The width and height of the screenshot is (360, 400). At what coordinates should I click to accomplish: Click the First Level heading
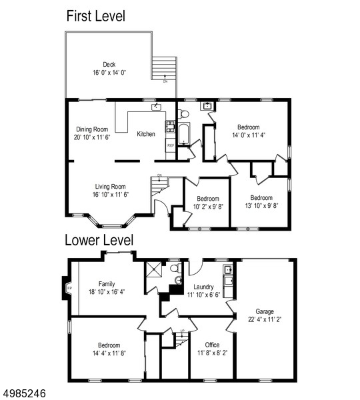point(96,16)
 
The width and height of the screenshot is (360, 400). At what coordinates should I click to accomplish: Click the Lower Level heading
point(99,240)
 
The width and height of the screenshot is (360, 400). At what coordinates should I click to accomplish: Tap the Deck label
point(109,65)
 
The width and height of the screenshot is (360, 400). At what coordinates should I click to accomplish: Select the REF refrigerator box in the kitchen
point(171,145)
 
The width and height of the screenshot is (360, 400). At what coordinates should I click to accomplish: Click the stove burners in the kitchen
point(171,126)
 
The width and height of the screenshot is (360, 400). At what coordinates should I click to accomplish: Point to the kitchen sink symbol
point(156,107)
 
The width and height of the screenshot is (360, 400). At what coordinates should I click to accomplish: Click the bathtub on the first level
point(184,134)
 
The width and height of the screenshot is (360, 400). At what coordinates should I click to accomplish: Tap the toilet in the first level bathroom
point(183,114)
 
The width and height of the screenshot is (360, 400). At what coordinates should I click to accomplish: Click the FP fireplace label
point(69,288)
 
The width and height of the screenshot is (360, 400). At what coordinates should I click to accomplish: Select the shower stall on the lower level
point(154,269)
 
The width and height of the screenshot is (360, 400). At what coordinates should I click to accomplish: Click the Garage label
point(265,311)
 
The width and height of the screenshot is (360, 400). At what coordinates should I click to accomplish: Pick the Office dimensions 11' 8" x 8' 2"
point(213,353)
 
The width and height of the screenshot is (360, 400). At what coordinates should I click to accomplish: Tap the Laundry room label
point(203,287)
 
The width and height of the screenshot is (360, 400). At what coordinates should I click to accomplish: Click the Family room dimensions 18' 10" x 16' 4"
point(107,292)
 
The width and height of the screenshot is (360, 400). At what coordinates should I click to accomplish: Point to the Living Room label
point(110,187)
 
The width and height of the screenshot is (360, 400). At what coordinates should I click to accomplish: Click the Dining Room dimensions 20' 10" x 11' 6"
point(92,137)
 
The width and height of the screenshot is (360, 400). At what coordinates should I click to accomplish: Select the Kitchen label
point(146,134)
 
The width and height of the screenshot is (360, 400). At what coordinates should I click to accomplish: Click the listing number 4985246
point(23,393)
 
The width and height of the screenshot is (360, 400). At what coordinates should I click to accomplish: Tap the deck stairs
point(165,68)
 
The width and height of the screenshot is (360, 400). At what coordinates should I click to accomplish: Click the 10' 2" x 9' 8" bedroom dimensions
point(208,207)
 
